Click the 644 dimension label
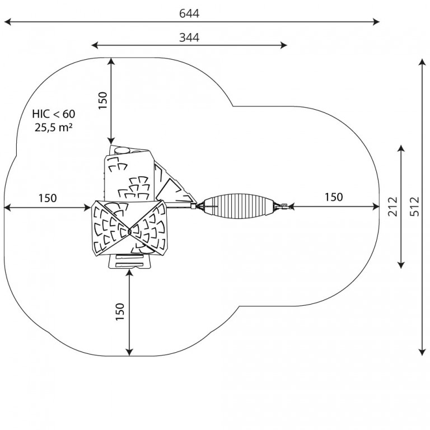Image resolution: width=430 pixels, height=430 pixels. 189,13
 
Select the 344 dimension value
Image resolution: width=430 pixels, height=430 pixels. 189,38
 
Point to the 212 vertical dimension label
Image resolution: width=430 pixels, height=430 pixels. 392,207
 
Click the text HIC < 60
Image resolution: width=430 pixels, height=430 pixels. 54,114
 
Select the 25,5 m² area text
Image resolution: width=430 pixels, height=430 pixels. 54,127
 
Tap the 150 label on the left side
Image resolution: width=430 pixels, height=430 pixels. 48,198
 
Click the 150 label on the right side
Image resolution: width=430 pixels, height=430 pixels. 334,197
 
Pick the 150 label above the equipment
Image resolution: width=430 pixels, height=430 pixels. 102,100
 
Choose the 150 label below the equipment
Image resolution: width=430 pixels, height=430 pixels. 120,311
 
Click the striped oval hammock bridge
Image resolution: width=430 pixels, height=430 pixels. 239,206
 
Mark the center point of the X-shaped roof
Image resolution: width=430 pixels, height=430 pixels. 129,232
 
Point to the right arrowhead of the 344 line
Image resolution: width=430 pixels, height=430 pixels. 283,45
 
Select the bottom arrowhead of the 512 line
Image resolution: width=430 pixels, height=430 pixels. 422,352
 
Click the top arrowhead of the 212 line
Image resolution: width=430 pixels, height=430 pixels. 401,148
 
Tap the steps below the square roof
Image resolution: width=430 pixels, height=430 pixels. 129,261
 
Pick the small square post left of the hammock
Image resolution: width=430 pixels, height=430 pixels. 194,206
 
